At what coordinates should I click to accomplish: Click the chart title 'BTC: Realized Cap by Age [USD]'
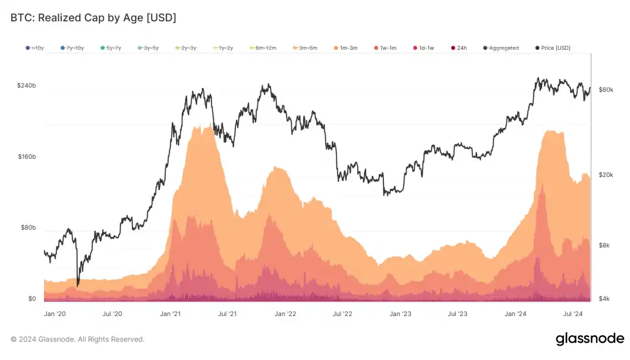[x=93, y=18]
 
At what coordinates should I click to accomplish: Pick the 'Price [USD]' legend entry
[x=553, y=48]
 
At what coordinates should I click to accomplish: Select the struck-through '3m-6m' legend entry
[x=306, y=48]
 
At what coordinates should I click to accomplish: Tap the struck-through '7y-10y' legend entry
[x=71, y=48]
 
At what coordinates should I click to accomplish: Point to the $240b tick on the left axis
[x=26, y=86]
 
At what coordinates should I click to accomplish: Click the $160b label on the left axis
[x=26, y=157]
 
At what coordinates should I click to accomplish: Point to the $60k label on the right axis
[x=606, y=90]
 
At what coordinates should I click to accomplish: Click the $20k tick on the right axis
[x=606, y=175]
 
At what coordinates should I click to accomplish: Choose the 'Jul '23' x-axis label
[x=457, y=314]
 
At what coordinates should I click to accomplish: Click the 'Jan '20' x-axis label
[x=55, y=314]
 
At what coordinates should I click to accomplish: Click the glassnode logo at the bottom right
[x=590, y=339]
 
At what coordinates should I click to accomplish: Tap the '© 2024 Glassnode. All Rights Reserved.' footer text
[x=77, y=339]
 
